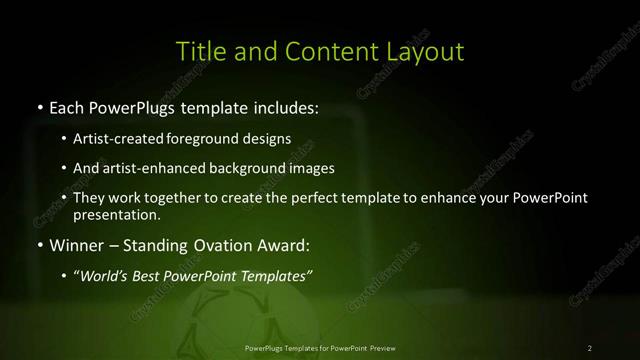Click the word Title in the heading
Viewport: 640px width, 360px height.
click(x=199, y=50)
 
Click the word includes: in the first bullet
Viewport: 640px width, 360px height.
click(x=280, y=106)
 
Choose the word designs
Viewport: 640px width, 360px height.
click(x=269, y=138)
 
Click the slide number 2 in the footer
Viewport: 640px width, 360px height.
click(x=590, y=347)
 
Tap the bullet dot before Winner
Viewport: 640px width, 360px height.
click(x=40, y=245)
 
